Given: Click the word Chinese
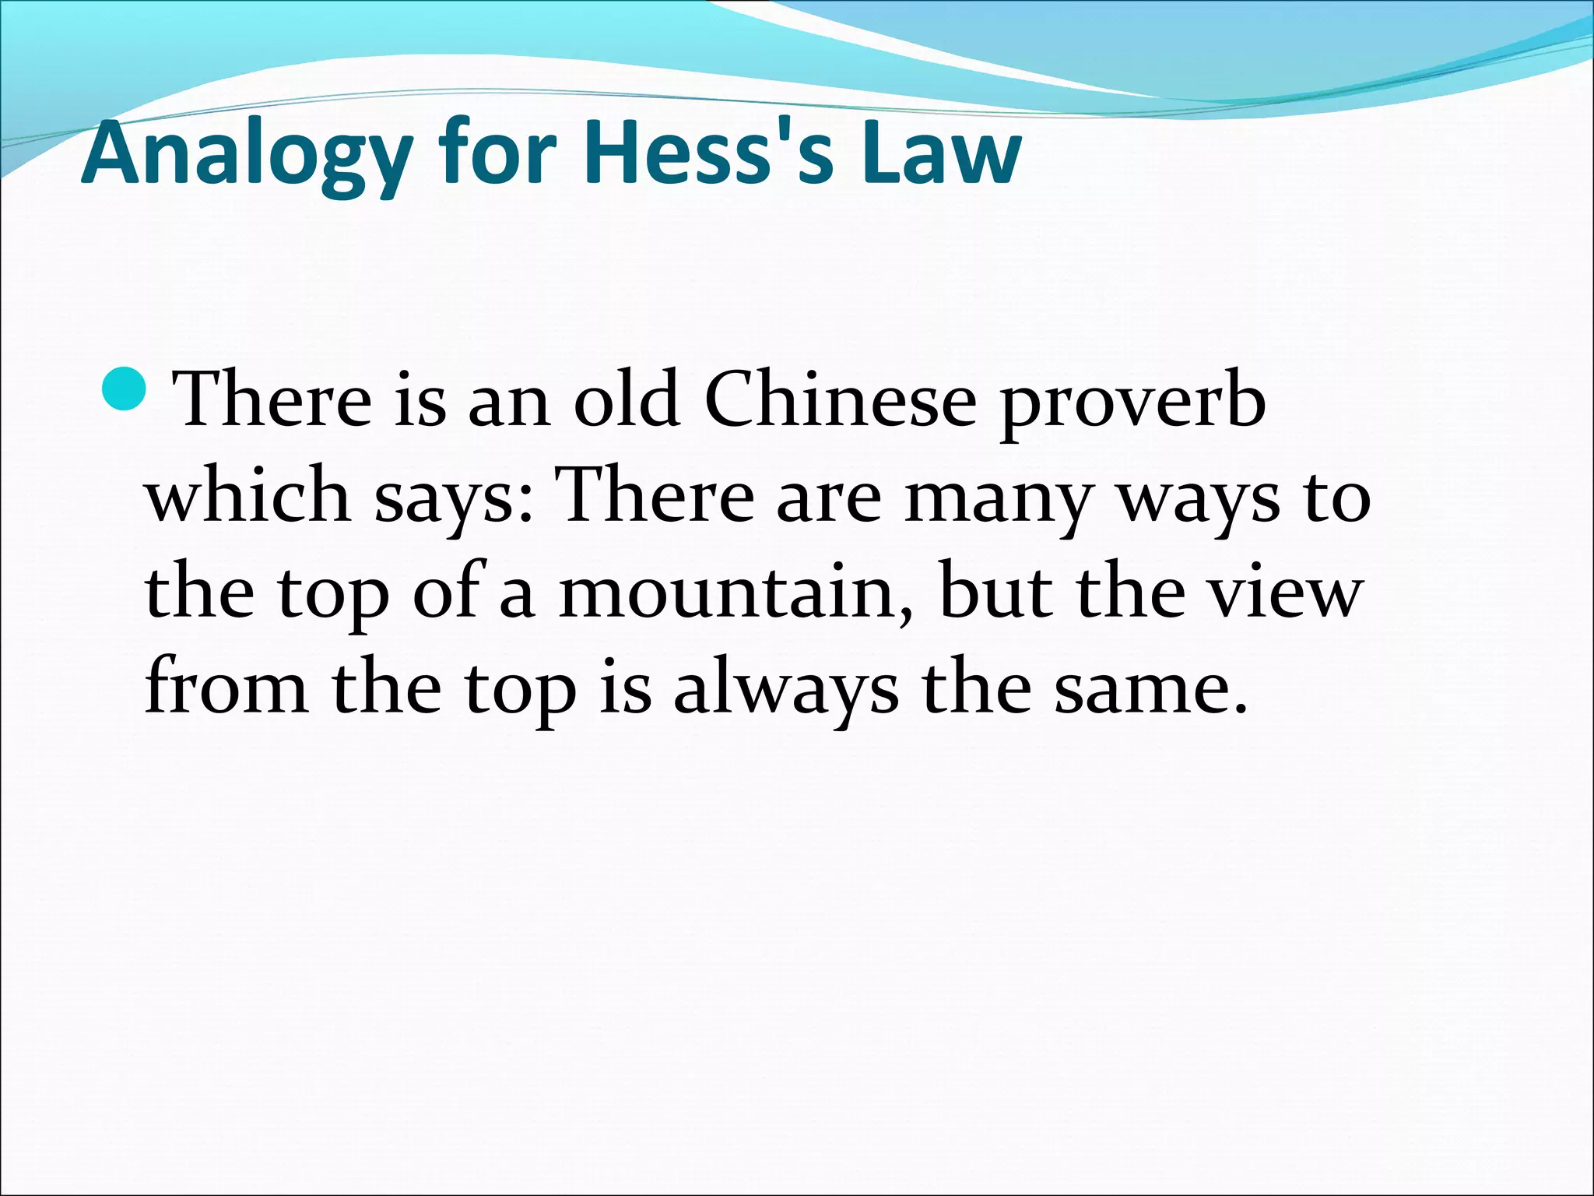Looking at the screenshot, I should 840,402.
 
